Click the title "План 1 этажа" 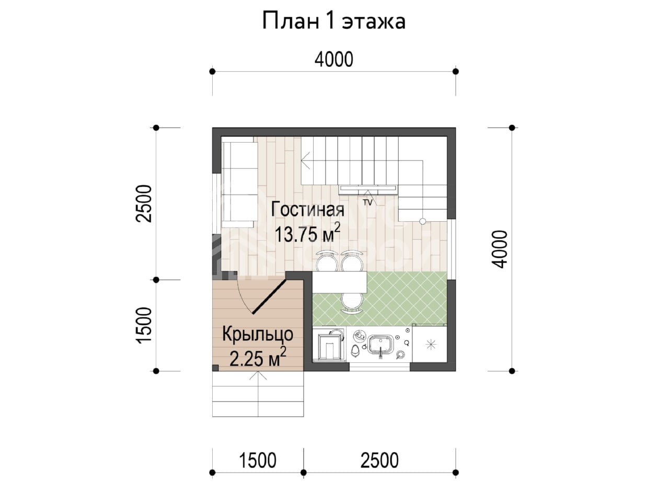[334, 21]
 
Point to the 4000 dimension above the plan [334, 60]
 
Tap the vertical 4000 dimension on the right [500, 249]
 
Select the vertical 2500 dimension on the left [144, 203]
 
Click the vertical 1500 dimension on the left [144, 326]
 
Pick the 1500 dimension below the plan [258, 460]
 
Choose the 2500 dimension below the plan [379, 460]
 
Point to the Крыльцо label [258, 335]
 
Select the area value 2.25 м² [258, 357]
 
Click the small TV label [367, 202]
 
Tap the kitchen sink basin [380, 345]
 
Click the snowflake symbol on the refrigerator [430, 345]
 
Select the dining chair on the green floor [352, 302]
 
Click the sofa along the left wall [239, 185]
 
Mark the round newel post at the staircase [422, 221]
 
